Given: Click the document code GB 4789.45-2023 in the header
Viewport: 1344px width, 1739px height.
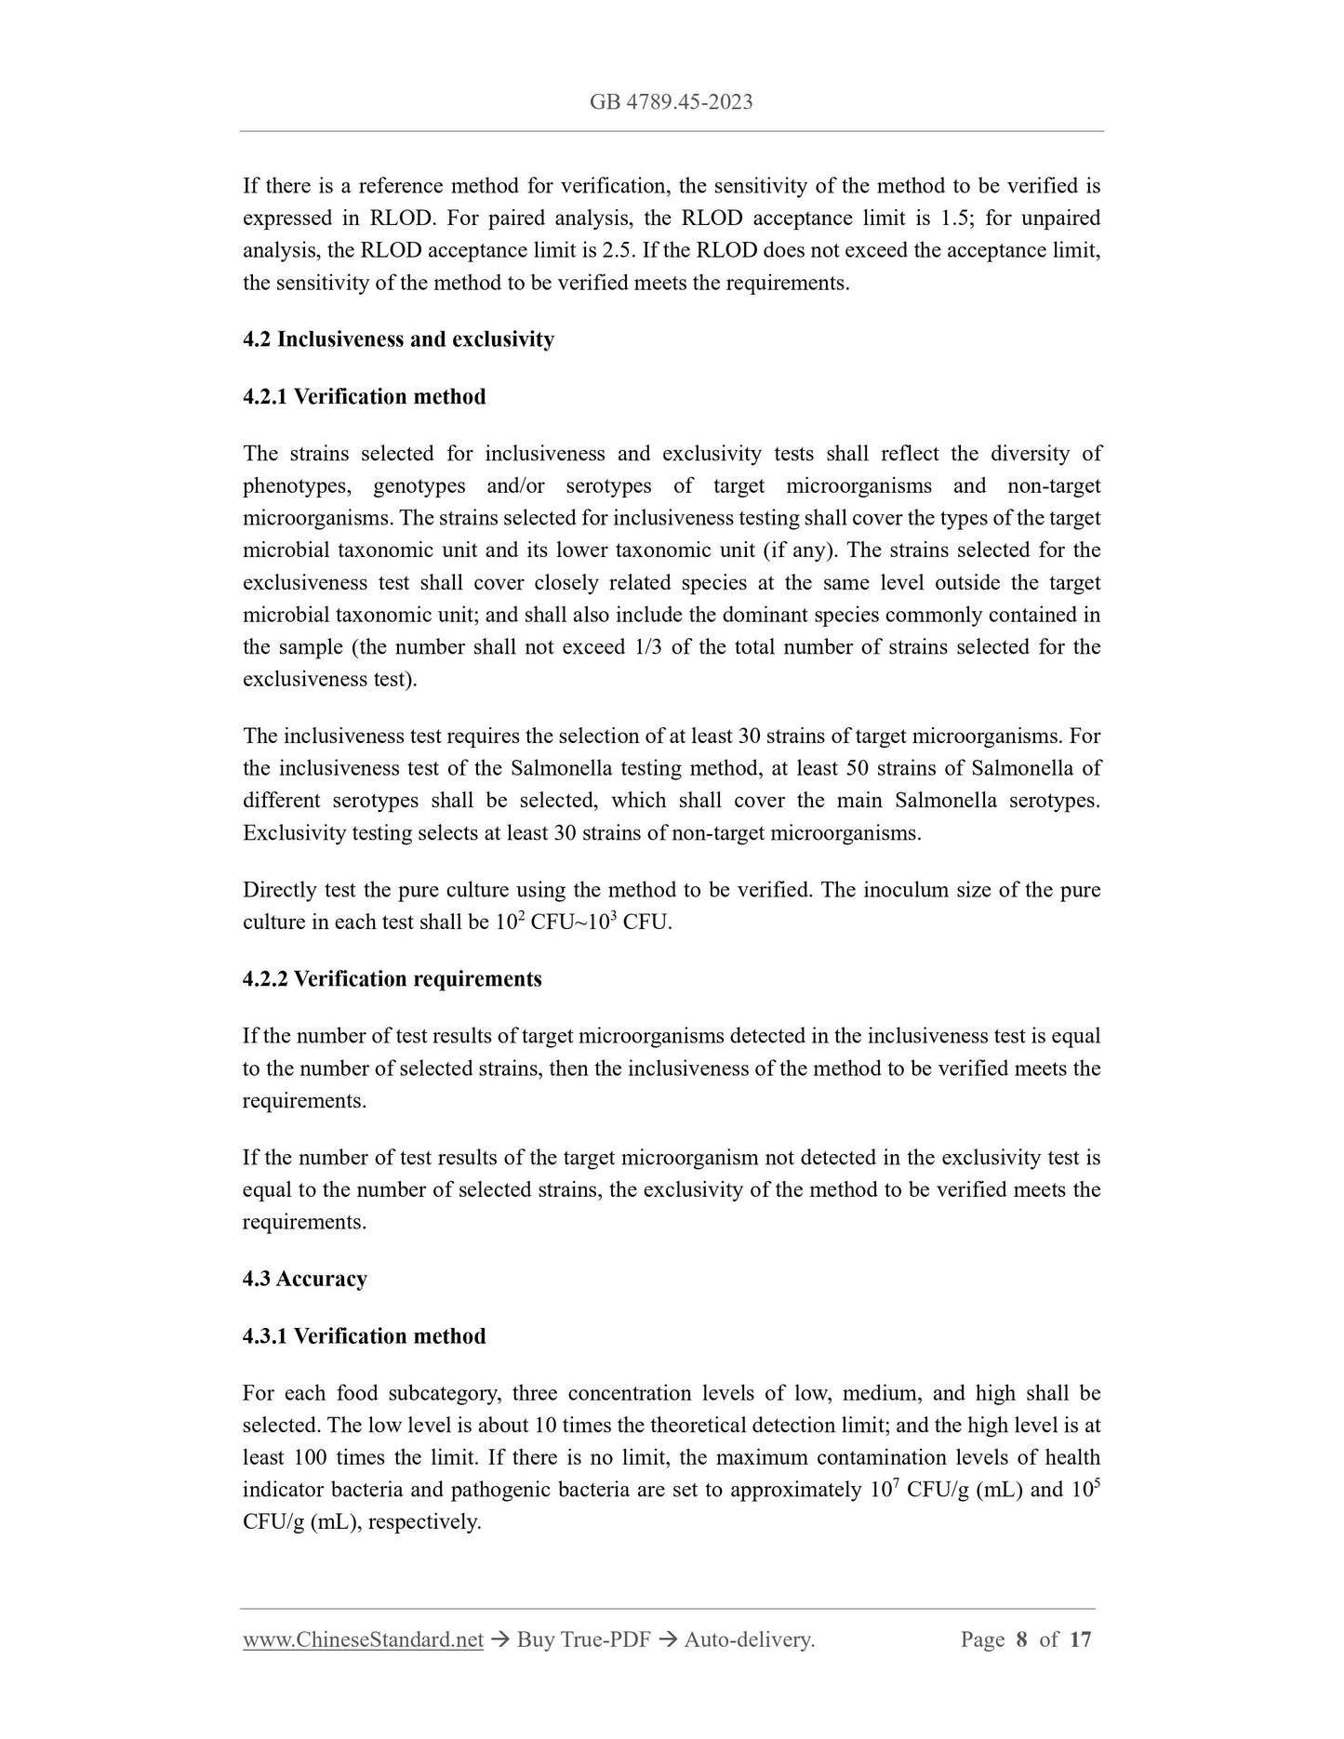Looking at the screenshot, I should pos(671,102).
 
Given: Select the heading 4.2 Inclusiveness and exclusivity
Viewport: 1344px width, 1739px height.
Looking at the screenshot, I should pos(398,339).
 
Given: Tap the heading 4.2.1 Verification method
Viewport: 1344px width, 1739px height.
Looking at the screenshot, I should pos(364,397).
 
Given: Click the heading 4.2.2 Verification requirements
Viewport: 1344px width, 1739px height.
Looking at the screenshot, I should pos(392,979).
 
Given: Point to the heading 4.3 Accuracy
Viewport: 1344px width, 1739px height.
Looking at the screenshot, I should pos(304,1279).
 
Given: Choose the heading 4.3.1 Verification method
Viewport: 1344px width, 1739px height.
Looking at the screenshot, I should pos(364,1336).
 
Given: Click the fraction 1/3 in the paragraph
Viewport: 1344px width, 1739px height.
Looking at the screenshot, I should pos(642,647).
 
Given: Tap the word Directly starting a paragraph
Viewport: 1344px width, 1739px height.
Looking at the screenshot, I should pos(280,890).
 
